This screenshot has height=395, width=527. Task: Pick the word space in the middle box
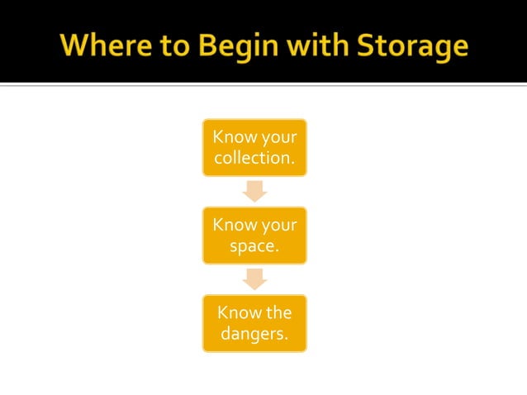251,245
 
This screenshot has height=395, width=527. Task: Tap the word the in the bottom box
278,312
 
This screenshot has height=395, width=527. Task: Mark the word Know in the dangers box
236,312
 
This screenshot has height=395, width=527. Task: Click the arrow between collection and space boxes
254,191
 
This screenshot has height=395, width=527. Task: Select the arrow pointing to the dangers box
254,279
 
